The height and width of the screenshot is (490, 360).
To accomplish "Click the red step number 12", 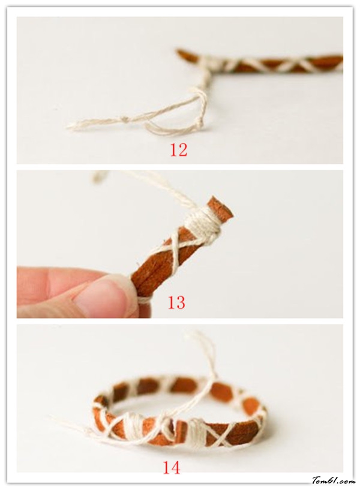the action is point(178,150).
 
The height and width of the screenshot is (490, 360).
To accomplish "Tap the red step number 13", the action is point(176,302).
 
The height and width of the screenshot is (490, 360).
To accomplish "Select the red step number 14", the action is point(171,468).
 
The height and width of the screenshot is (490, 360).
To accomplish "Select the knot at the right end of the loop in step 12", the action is point(200,125).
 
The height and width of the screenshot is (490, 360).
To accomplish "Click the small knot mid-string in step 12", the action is point(125,119).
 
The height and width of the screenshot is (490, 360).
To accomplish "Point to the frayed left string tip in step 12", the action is point(71,127).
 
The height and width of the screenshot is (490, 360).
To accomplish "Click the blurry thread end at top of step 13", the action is point(101,177).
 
